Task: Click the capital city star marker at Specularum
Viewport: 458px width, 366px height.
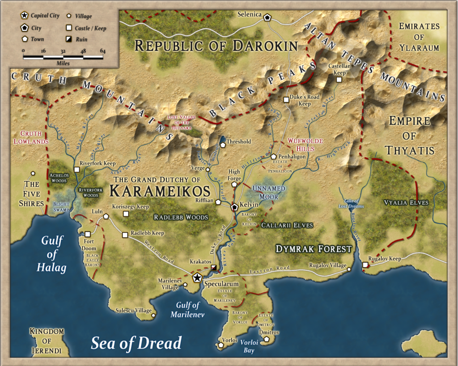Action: point(197,278)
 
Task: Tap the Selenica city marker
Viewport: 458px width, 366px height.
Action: point(267,17)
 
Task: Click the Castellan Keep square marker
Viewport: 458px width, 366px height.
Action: point(339,80)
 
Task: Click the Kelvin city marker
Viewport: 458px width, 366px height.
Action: point(234,207)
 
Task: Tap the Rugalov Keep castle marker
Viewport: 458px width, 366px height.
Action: point(365,265)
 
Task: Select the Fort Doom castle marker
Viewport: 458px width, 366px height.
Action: point(88,234)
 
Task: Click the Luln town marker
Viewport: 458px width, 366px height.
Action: point(106,216)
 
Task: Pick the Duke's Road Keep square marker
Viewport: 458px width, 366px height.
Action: point(286,99)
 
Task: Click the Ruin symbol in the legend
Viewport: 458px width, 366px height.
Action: point(69,39)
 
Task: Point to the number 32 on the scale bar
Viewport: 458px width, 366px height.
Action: point(63,51)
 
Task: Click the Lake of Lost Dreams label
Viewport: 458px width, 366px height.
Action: point(352,203)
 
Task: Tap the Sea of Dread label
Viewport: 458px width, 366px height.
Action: point(136,343)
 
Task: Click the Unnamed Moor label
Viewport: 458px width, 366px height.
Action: point(268,192)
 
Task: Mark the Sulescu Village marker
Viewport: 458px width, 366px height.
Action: point(153,316)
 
